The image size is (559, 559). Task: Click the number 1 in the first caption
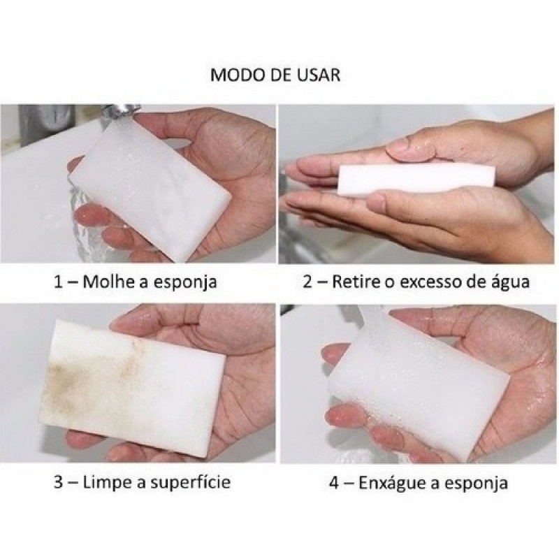[59, 282]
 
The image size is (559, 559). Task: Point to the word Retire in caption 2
[356, 282]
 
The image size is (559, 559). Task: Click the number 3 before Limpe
[59, 482]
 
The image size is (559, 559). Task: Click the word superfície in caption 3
[190, 483]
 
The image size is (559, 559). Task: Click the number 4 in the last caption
[334, 484]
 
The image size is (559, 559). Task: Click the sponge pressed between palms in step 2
[416, 180]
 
